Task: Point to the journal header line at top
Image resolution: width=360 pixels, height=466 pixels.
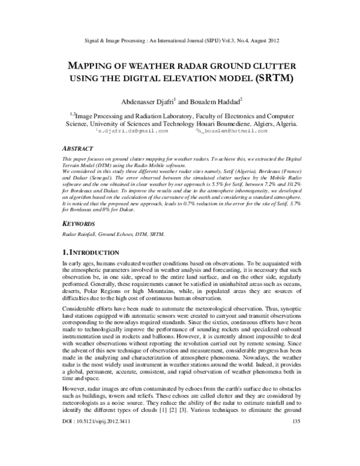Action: [180, 41]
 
